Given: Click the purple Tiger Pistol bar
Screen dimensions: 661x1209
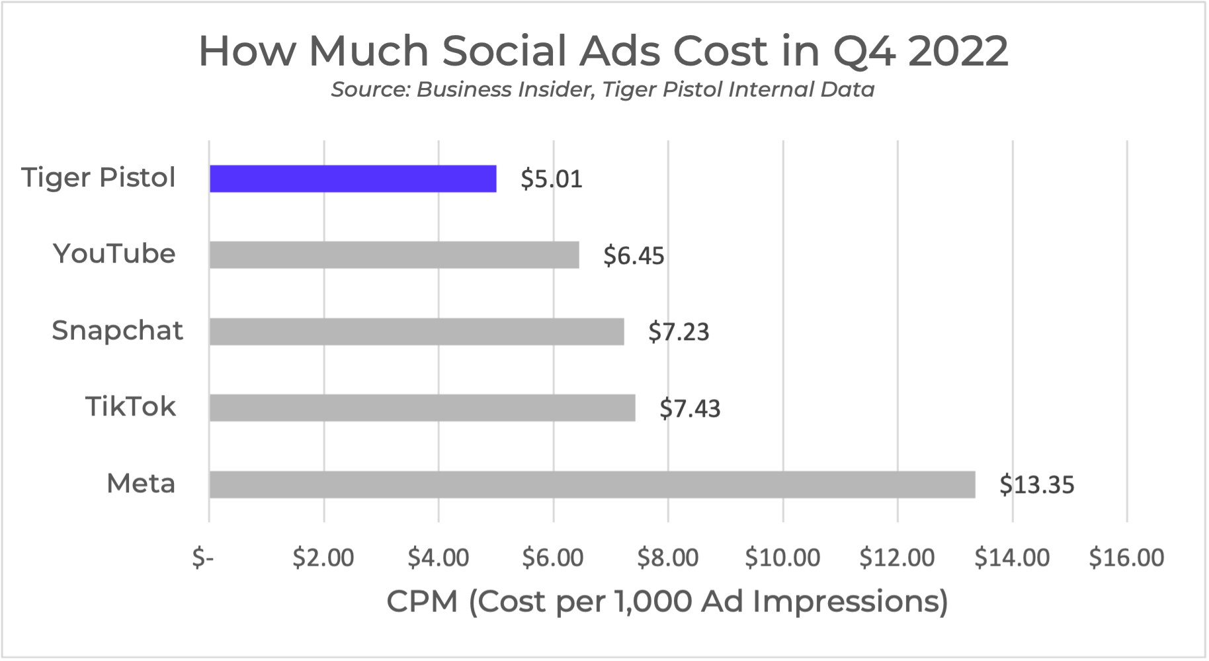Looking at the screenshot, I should click(x=353, y=179).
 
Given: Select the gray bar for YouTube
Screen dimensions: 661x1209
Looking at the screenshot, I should click(x=394, y=255).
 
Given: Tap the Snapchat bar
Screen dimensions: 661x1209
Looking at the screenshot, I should click(x=417, y=331).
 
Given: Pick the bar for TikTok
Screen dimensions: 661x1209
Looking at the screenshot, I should click(x=422, y=408).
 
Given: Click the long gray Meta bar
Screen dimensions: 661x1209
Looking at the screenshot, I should click(x=592, y=484).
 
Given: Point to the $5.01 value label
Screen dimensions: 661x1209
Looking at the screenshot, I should click(x=551, y=179).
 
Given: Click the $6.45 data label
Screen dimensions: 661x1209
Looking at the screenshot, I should click(x=633, y=256).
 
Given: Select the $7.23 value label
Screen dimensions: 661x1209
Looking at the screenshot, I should click(x=678, y=332).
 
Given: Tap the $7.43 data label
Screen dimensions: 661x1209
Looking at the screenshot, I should click(x=689, y=409).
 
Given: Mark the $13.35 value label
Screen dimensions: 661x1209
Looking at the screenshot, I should click(x=1036, y=485).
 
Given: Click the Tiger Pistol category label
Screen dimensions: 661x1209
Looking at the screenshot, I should click(x=99, y=178).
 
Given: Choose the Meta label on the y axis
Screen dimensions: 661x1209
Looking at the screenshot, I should click(x=141, y=484).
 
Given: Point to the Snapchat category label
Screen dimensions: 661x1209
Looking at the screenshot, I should click(x=117, y=330).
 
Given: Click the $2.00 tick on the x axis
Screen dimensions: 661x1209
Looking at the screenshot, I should click(x=323, y=558).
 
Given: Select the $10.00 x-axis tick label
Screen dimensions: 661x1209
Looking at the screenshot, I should click(x=782, y=558).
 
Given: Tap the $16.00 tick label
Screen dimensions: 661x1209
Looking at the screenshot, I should click(x=1126, y=558).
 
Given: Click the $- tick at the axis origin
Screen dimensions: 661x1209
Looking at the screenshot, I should click(x=203, y=558).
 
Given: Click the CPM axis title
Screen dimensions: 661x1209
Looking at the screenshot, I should click(x=667, y=601).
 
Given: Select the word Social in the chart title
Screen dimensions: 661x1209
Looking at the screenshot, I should click(x=505, y=51).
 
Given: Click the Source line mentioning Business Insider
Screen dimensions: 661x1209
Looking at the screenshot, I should click(x=603, y=89).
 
